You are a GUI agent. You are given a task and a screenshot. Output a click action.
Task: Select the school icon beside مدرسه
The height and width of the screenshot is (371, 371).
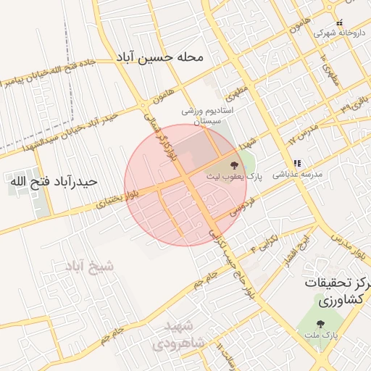click(296, 164)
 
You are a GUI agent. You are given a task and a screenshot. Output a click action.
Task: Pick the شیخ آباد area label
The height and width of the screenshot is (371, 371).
click(88, 266)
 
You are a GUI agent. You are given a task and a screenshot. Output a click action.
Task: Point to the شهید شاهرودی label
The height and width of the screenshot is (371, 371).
click(185, 333)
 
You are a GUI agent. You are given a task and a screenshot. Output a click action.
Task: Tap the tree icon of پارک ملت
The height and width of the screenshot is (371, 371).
click(321, 324)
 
